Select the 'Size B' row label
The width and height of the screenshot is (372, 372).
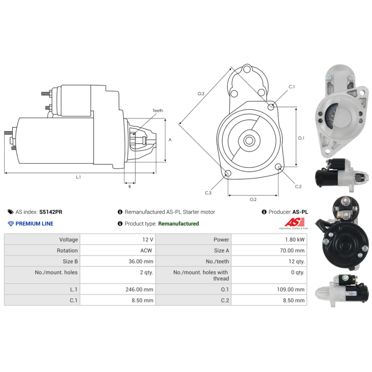[70, 261]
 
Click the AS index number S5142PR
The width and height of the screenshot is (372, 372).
[51, 212]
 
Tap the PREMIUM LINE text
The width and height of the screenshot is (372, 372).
[34, 224]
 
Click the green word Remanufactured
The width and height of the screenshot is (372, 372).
[178, 224]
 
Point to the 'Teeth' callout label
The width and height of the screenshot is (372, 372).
[158, 111]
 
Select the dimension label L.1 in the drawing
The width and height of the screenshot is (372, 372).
[78, 177]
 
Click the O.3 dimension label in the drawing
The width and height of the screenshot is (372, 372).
[201, 94]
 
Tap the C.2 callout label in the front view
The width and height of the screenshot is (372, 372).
[299, 186]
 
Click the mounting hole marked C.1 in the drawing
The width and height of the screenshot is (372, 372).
[271, 107]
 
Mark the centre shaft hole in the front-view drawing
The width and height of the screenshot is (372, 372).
[249, 140]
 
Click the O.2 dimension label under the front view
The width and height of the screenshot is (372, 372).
[253, 199]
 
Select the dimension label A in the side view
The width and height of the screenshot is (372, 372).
[170, 139]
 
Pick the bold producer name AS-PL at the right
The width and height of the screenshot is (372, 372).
[300, 212]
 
